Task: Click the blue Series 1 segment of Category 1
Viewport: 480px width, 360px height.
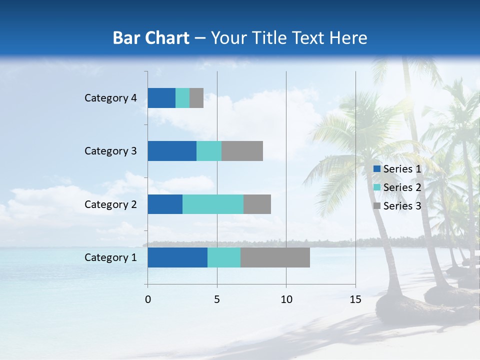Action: click(x=177, y=257)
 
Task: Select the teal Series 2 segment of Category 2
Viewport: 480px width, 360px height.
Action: click(x=213, y=204)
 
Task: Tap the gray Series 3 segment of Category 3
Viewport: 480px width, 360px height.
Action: click(x=242, y=151)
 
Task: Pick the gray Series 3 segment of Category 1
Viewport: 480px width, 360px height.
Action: click(x=275, y=257)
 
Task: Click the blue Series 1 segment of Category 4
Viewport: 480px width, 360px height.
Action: click(x=161, y=98)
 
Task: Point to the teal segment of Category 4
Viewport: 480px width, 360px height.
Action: click(x=182, y=98)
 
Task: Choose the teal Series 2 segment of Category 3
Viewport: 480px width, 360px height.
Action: click(x=209, y=151)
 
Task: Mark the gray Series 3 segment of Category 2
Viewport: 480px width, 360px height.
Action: click(x=257, y=204)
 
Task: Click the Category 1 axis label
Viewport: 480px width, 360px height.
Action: click(x=110, y=257)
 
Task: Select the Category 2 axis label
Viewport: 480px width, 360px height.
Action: click(x=110, y=204)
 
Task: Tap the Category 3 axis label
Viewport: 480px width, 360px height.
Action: click(x=110, y=151)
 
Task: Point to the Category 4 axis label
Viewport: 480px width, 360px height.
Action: click(x=110, y=98)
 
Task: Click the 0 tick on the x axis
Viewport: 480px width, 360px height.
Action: click(x=148, y=299)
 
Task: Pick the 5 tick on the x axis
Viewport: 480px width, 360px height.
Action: click(x=217, y=299)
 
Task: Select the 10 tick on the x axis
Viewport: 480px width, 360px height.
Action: click(x=286, y=299)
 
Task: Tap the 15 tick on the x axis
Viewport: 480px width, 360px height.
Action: click(x=355, y=299)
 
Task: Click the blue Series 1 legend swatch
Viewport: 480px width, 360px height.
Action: click(x=377, y=169)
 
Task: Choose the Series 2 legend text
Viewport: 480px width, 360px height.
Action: click(x=402, y=187)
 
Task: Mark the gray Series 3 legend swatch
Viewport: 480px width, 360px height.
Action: click(x=377, y=206)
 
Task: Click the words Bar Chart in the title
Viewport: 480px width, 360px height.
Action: click(x=151, y=38)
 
